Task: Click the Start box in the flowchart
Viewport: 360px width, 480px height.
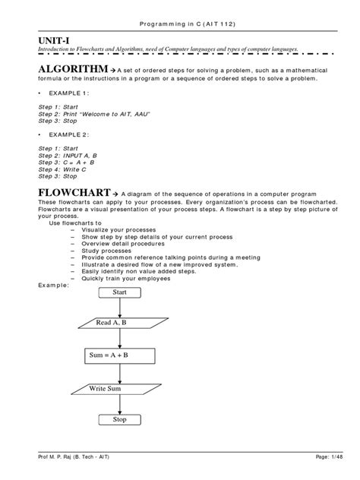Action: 120,292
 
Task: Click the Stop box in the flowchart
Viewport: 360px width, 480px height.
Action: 120,419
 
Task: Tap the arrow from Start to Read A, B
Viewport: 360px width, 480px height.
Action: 120,306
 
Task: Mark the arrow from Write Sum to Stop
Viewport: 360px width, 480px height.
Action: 120,405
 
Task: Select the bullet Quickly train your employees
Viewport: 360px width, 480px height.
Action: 122,277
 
